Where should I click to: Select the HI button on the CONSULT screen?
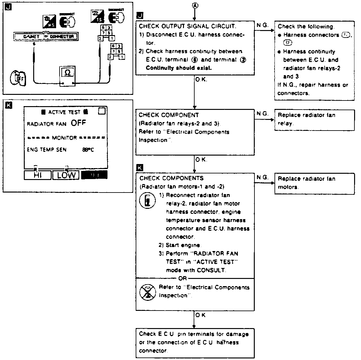[37, 175]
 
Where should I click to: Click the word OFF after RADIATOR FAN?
[78, 123]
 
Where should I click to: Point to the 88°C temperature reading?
[88, 150]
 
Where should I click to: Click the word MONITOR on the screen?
[64, 138]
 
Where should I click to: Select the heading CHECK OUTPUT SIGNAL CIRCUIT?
[187, 26]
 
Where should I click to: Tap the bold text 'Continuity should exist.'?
[179, 68]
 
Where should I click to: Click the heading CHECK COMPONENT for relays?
[169, 115]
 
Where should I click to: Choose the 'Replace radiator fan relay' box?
[314, 119]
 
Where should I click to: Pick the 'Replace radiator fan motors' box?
[314, 183]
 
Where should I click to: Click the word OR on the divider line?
[182, 278]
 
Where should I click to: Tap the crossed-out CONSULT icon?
[147, 291]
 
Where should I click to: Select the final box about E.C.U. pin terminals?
[195, 342]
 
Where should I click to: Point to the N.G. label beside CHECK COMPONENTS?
[263, 177]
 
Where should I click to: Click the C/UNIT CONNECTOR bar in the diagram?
[46, 37]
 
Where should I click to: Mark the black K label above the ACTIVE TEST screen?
[9, 105]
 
